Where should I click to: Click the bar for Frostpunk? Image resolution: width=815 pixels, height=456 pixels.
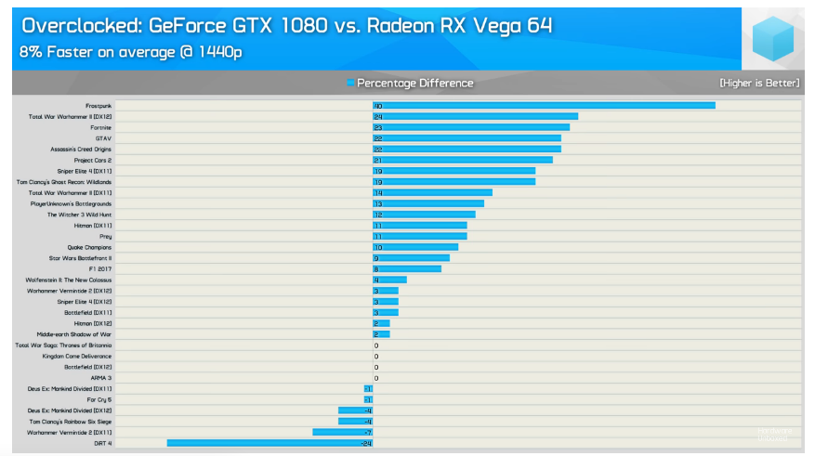(544, 106)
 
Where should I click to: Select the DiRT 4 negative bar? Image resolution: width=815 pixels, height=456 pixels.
(269, 443)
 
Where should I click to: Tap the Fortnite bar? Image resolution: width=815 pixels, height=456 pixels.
(471, 127)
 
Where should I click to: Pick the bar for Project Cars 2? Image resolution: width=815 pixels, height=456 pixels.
(463, 160)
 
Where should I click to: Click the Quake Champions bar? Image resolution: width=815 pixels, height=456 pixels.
(415, 247)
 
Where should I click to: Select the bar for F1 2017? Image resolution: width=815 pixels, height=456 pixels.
(407, 268)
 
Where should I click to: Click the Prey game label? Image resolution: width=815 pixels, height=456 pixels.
(105, 236)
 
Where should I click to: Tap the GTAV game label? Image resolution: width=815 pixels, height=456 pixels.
(103, 138)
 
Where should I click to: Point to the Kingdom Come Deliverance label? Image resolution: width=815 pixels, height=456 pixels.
(77, 356)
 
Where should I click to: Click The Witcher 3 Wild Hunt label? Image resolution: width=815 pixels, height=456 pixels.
(80, 215)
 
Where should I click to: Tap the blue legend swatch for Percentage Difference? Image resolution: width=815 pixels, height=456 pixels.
(350, 84)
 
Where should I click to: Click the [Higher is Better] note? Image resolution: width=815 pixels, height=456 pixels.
(758, 84)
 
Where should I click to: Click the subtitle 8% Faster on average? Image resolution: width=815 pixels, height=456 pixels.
(131, 52)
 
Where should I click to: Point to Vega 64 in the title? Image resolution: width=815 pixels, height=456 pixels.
(512, 25)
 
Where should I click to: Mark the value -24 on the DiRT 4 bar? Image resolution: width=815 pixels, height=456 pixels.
(366, 444)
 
